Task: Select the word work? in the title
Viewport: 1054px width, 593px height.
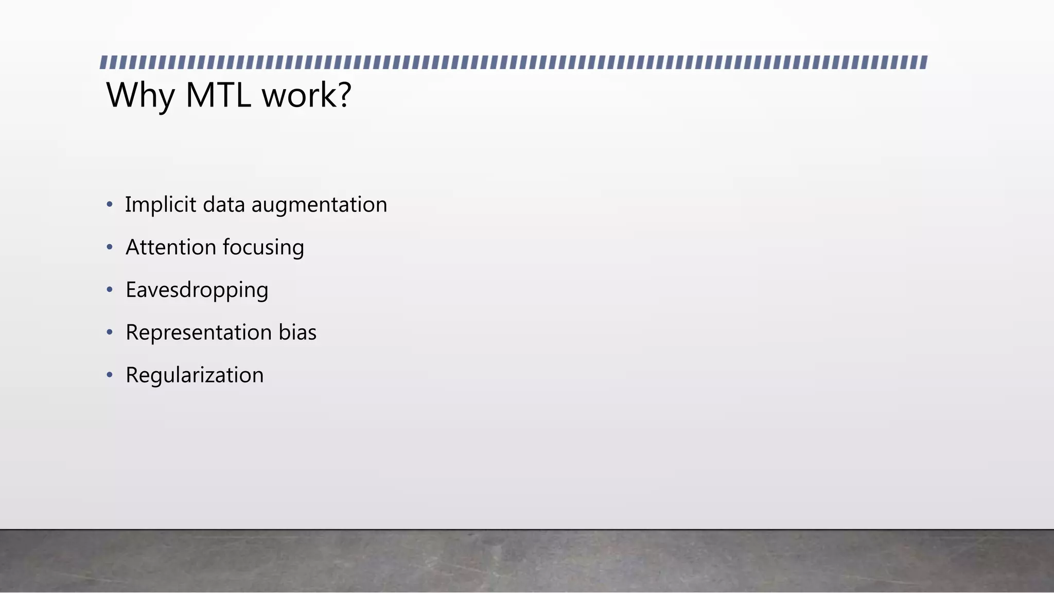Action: (x=307, y=96)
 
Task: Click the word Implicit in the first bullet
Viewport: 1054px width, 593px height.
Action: (x=161, y=205)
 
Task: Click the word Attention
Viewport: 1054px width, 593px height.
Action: (x=170, y=248)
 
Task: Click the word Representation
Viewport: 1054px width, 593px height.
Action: (x=199, y=333)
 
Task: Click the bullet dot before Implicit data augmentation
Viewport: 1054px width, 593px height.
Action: (x=109, y=205)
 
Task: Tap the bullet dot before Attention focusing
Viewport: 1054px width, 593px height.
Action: (x=109, y=248)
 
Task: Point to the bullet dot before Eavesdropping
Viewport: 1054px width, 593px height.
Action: (x=109, y=290)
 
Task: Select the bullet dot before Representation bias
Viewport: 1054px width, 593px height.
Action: (x=109, y=333)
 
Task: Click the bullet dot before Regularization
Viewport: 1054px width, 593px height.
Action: (x=109, y=375)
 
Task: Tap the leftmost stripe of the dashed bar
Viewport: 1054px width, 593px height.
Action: (x=103, y=63)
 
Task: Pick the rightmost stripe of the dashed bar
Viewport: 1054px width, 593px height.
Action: (x=924, y=63)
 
